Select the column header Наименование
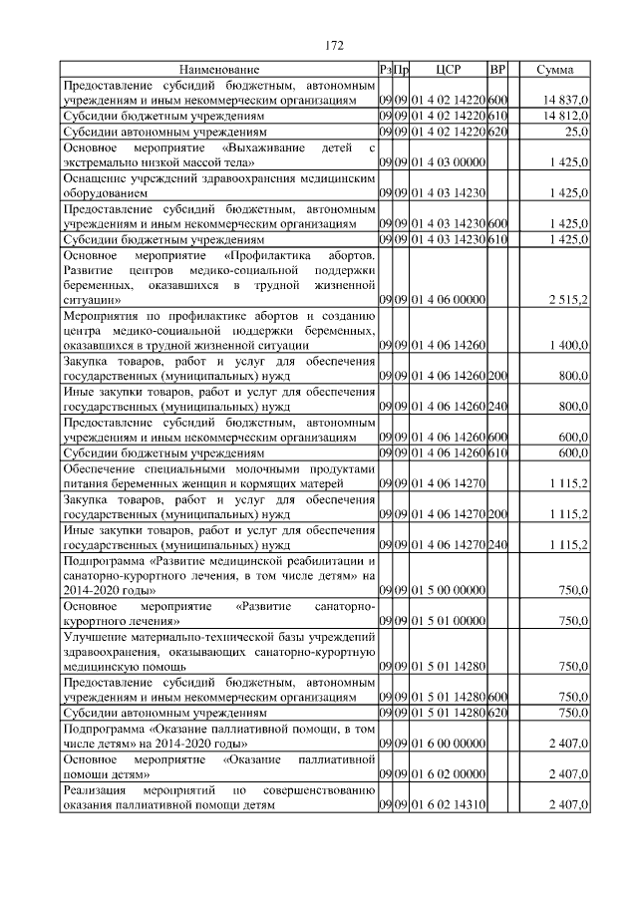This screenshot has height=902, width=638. pos(219,70)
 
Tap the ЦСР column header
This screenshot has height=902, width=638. pos(448,70)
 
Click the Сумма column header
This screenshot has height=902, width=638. pos(554,70)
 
